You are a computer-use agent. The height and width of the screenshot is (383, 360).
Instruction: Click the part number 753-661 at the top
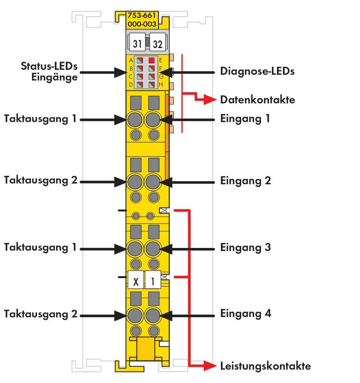point(142,16)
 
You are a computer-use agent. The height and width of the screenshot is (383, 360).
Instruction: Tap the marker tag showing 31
point(137,44)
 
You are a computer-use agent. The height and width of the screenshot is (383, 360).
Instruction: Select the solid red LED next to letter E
point(151,61)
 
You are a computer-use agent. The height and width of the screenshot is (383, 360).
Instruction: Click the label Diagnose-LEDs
point(257,72)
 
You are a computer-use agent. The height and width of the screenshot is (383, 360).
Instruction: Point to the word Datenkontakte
point(263,100)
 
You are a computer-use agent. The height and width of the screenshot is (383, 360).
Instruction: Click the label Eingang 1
point(245,118)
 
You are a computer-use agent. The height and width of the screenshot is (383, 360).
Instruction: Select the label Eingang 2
point(245,181)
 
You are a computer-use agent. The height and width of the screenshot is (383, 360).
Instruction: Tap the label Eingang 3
point(245,248)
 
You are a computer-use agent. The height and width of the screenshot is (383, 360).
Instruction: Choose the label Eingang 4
point(245,314)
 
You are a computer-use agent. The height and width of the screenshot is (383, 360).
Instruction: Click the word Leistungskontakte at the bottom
point(266,366)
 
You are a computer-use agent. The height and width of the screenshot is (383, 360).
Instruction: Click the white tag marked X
point(136,282)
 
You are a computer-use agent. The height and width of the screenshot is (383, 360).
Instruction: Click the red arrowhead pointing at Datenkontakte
point(210,100)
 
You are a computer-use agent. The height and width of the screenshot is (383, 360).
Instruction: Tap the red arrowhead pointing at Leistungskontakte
point(210,366)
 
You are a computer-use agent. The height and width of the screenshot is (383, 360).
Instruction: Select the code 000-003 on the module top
point(142,24)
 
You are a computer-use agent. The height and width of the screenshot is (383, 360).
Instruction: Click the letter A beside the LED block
point(131,60)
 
